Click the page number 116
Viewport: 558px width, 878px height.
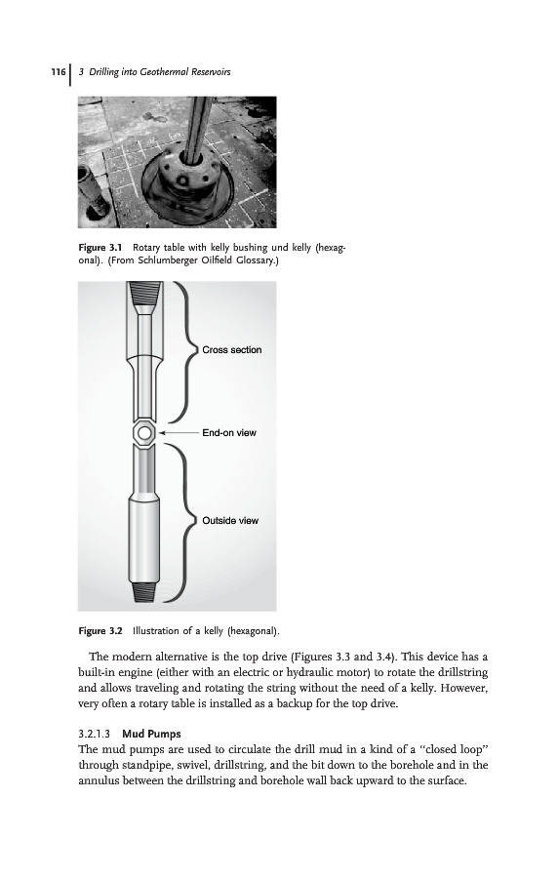[x=59, y=71]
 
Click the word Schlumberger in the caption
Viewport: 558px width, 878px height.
[x=167, y=260]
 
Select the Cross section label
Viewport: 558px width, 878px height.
[x=232, y=350]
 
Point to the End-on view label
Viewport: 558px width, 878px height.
[x=229, y=433]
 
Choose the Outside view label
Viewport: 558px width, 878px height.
[x=230, y=521]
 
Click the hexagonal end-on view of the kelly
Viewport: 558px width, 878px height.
[x=144, y=433]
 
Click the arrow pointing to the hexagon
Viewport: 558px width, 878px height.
[x=179, y=433]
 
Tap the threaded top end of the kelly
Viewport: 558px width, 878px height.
[x=145, y=293]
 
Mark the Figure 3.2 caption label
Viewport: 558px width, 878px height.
[x=100, y=631]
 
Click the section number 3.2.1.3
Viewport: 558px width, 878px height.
[x=97, y=734]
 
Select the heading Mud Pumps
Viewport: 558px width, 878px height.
[x=151, y=734]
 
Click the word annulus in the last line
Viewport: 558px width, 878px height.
[x=100, y=780]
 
